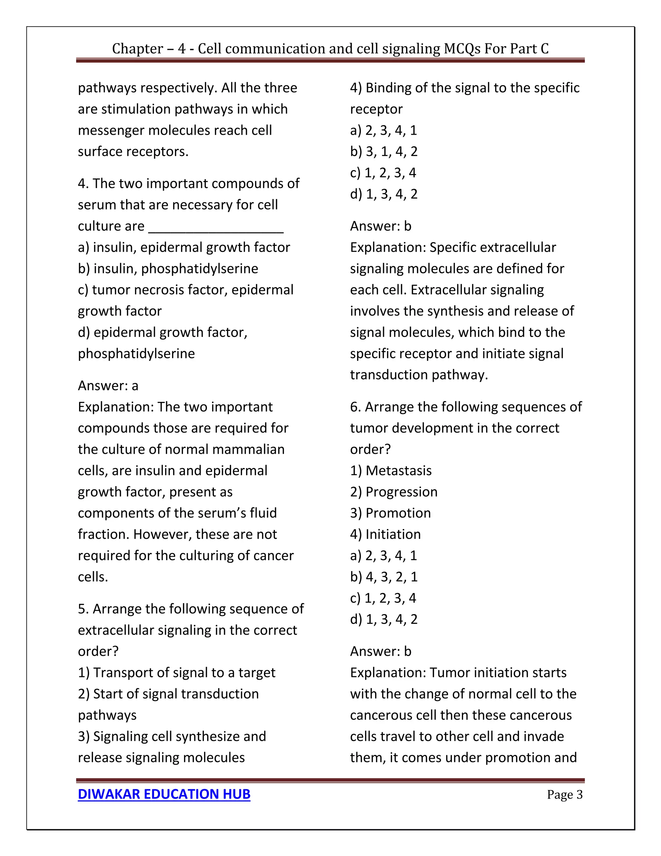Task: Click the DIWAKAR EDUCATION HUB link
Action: pyautogui.click(x=164, y=794)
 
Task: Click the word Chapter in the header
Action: pyautogui.click(x=137, y=48)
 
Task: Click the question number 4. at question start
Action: pyautogui.click(x=83, y=183)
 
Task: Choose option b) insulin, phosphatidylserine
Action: pyautogui.click(x=168, y=268)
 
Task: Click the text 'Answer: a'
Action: pyautogui.click(x=108, y=386)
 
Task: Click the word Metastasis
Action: pyautogui.click(x=398, y=470)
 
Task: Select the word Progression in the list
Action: pyautogui.click(x=402, y=492)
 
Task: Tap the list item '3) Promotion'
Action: pyautogui.click(x=391, y=513)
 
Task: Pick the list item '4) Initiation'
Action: pyautogui.click(x=385, y=534)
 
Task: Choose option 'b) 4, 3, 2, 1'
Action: pyautogui.click(x=384, y=577)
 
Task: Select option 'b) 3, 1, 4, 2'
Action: pyautogui.click(x=384, y=151)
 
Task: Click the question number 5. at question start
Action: pyautogui.click(x=83, y=609)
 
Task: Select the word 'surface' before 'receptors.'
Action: pyautogui.click(x=101, y=151)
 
